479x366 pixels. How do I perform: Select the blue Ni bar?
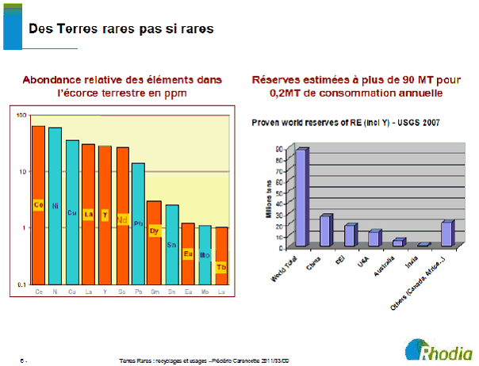[55, 205]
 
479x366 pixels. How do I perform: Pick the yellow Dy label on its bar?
[155, 231]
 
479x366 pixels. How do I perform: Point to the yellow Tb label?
[221, 266]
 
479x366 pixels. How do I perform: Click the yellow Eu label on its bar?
[188, 254]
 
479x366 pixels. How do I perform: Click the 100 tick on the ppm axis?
[21, 116]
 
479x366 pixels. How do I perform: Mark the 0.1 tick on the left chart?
[21, 284]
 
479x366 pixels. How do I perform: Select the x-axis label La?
[88, 291]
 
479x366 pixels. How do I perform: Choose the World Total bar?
[302, 196]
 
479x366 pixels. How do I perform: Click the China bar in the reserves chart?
[326, 231]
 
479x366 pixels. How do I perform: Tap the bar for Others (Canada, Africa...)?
[447, 234]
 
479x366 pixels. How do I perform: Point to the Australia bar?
[399, 242]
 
